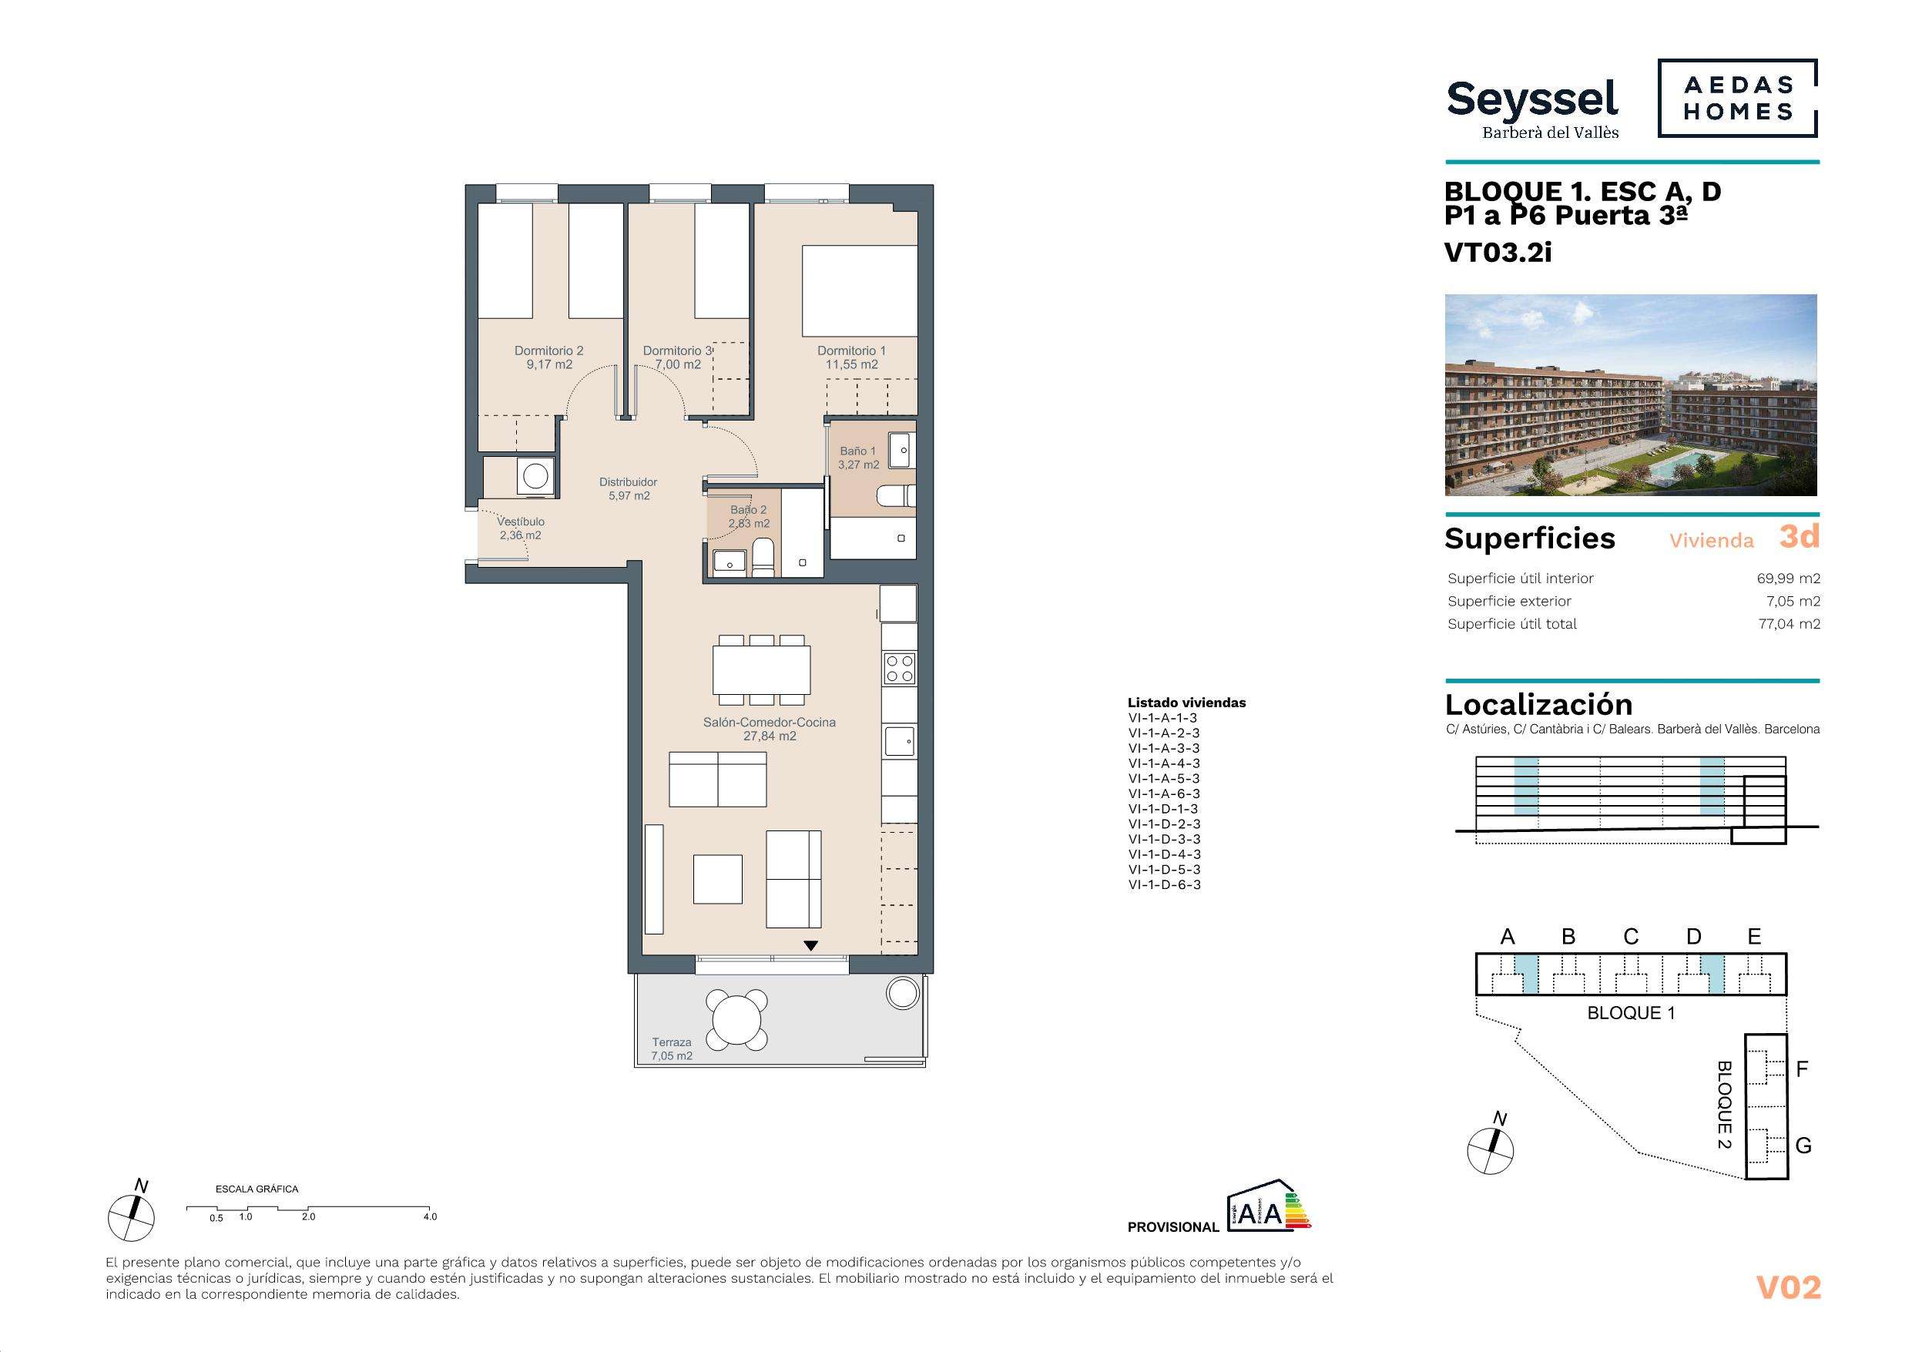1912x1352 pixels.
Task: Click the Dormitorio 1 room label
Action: pos(851,357)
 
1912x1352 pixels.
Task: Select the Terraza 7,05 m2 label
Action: pos(671,1048)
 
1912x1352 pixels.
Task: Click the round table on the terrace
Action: pos(737,1020)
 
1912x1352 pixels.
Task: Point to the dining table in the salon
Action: pos(761,670)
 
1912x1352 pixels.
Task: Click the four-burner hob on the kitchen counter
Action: pos(899,668)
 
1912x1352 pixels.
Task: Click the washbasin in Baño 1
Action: pos(902,451)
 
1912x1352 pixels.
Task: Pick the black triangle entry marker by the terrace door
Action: pos(810,945)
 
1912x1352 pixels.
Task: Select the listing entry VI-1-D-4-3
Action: pos(1163,854)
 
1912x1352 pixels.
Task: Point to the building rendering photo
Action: pos(1631,395)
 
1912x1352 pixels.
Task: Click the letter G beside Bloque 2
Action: pos(1803,1146)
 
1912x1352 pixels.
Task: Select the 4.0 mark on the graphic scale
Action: pos(430,1217)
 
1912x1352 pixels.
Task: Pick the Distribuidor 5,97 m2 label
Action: pos(629,489)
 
